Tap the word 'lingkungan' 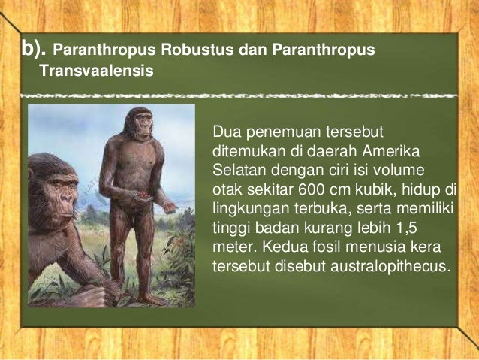pos(249,207)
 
